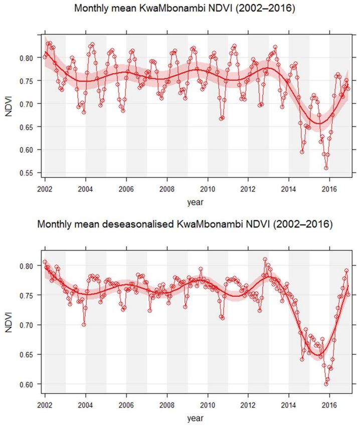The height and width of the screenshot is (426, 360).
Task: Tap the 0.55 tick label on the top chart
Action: pos(28,173)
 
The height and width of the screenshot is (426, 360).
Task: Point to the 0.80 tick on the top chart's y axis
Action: pos(28,58)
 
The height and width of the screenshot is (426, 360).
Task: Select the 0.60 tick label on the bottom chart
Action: pos(28,384)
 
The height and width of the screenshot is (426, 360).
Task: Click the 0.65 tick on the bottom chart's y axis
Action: pos(28,355)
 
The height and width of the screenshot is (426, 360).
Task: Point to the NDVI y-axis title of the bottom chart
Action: pos(9,321)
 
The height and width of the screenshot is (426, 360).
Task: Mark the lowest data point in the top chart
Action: pos(326,168)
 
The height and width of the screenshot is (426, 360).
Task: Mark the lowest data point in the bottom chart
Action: pos(326,384)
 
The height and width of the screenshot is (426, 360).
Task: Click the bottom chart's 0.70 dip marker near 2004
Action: pos(84,324)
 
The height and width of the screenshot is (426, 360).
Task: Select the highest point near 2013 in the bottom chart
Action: pos(265,260)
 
